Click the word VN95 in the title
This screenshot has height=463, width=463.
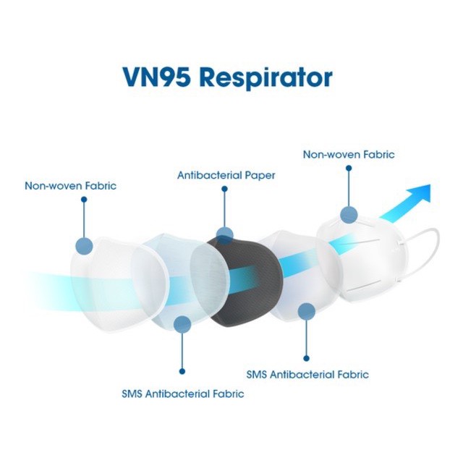pos(156,77)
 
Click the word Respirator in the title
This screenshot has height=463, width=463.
pos(266,78)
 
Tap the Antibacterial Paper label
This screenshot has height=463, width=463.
pos(226,175)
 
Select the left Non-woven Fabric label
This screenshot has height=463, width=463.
pos(71,186)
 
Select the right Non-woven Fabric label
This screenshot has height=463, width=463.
pos(349,155)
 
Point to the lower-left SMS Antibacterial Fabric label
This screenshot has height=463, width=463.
pos(183,394)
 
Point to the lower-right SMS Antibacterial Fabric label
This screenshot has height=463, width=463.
pos(307,375)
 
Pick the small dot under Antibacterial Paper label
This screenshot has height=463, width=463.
pos(224,189)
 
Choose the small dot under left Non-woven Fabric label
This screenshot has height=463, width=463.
pos(84,200)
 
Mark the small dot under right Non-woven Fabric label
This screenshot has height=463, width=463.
pos(349,169)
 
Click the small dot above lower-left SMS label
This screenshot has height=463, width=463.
pos(182,371)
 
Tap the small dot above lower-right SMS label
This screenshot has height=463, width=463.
pos(307,359)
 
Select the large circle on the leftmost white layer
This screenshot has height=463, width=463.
pos(84,246)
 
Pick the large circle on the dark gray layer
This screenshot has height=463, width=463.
pos(225,236)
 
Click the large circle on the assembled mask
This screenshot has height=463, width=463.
pos(349,214)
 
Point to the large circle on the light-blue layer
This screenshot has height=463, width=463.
pos(182,325)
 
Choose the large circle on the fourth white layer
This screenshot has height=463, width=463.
pos(307,312)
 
